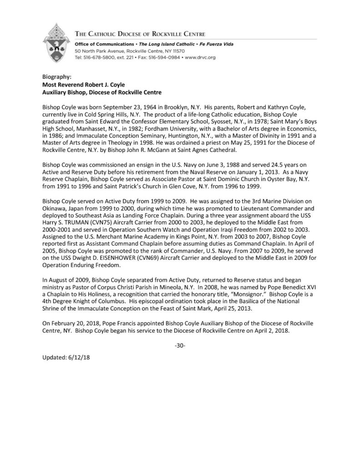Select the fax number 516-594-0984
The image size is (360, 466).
coord(165,58)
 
